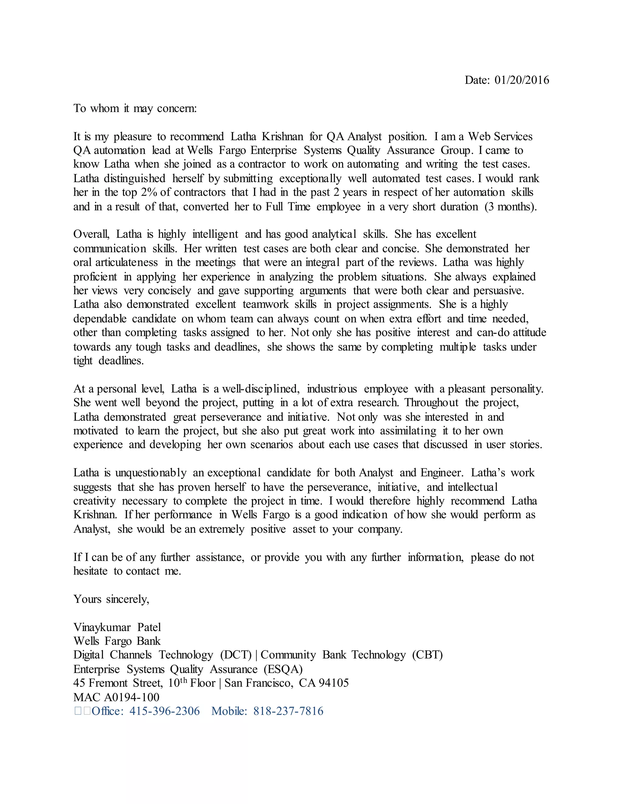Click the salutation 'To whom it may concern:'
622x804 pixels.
click(135, 108)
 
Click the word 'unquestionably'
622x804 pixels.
click(151, 473)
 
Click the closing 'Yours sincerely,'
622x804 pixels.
click(111, 599)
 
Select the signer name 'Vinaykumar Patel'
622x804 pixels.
click(117, 627)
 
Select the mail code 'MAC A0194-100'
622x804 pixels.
click(116, 697)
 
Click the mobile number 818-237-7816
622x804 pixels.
click(288, 711)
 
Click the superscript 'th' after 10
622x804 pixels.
click(183, 680)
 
